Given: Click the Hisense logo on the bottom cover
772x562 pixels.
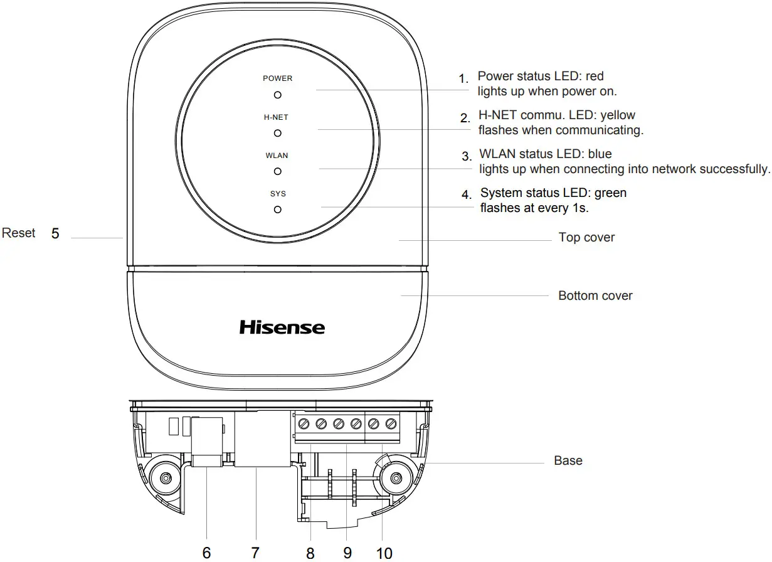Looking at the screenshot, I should coord(282,327).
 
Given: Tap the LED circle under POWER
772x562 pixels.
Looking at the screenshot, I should coord(277,95).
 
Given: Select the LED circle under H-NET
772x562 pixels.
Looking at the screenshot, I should coord(277,133).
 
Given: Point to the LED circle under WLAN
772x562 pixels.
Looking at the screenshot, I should coord(277,171).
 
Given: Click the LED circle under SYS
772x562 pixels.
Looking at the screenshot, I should coord(277,209).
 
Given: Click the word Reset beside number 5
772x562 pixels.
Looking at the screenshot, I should coord(19,233).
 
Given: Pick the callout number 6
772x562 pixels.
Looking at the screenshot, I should coord(206,553).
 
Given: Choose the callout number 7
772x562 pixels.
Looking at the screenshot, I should coord(255,553).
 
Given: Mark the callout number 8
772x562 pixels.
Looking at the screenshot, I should coord(310,553).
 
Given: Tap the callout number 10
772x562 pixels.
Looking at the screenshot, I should coord(384,553).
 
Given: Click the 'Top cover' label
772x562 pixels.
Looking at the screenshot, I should coord(586,238).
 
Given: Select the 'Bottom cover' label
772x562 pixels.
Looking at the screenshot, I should coord(595,295).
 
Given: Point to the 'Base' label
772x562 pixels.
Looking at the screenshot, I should coord(568,460).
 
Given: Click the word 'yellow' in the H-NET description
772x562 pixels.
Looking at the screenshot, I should coord(618,115).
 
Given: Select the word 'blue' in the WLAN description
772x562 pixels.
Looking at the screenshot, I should coord(600,154).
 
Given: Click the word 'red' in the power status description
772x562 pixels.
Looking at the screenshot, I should coord(594,77).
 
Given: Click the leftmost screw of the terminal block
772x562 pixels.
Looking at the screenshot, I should coord(304,423).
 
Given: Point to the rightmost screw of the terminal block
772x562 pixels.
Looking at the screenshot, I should coord(392,423).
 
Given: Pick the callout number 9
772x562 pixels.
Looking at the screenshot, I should coord(347,553).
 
